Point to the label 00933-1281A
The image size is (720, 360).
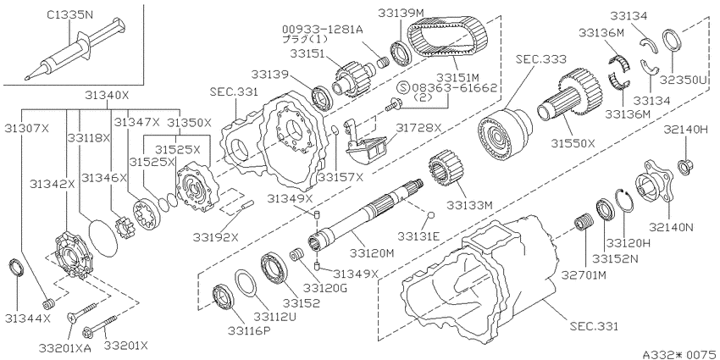point(323,30)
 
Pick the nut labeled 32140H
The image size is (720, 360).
point(685,166)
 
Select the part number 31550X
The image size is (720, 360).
point(573,143)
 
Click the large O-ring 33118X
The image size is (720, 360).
point(102,237)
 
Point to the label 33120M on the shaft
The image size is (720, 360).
point(372,252)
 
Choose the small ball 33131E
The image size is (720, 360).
point(431,215)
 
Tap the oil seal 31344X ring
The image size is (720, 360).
point(16,269)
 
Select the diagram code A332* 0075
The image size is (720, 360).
point(680,354)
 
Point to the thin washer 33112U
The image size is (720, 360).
point(247,285)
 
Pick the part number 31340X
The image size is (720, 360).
point(108,95)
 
